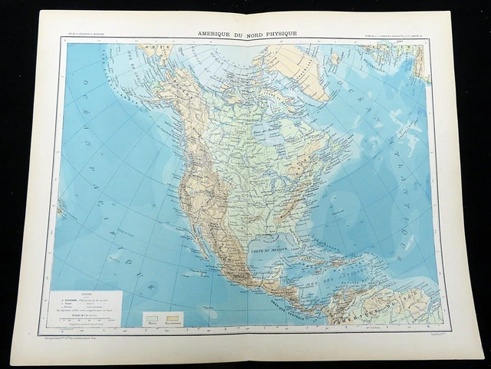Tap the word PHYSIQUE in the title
click(x=277, y=35)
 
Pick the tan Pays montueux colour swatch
click(x=173, y=317)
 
